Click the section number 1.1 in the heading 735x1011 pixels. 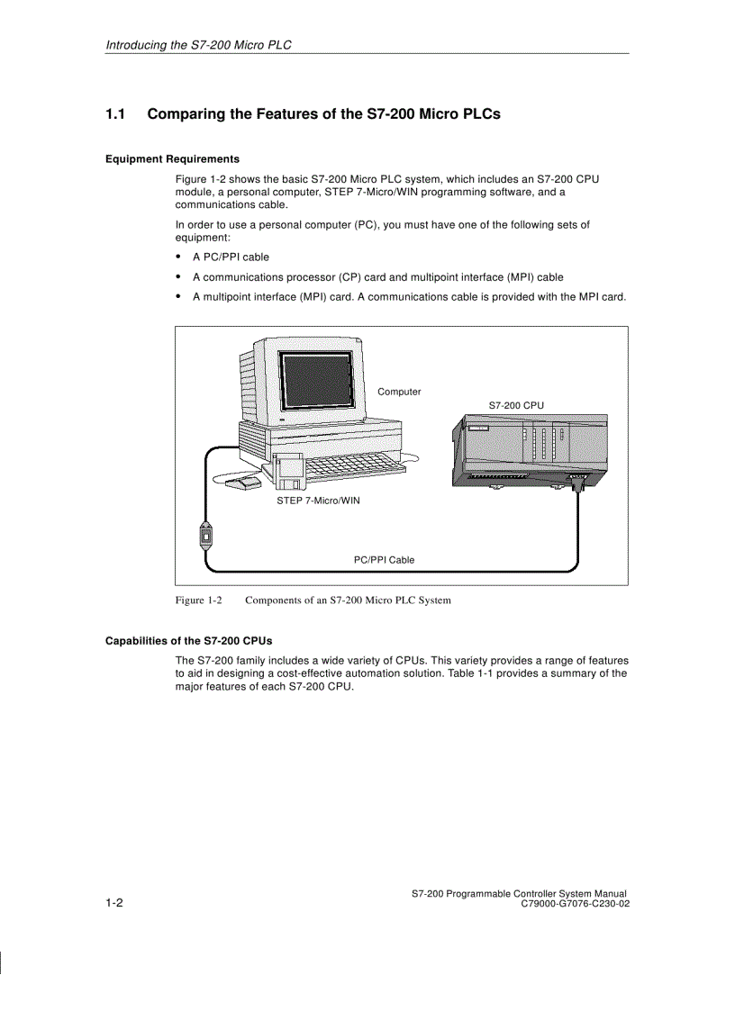(114, 114)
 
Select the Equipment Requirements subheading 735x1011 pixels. (172, 158)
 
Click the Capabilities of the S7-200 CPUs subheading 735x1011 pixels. (188, 641)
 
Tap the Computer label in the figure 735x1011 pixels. (399, 392)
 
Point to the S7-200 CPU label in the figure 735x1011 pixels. (516, 406)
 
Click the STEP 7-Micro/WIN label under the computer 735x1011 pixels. (318, 501)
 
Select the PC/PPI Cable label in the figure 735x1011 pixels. (384, 560)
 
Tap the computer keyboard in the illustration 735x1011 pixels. (351, 465)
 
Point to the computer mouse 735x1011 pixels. (240, 484)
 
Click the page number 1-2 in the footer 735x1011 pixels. (114, 903)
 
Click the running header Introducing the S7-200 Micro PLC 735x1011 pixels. (199, 44)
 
